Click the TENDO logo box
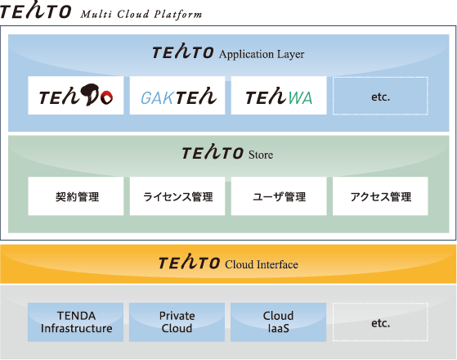point(76,96)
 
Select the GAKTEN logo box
point(177,96)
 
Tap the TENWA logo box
point(279,96)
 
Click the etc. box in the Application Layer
point(380,96)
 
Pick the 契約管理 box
point(76,196)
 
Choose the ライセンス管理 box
point(177,196)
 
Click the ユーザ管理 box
point(279,196)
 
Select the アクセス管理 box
point(380,196)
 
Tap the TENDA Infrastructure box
point(75,322)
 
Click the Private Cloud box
point(177,322)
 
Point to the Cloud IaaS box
point(278,322)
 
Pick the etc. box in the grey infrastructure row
point(380,322)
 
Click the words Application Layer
point(262,55)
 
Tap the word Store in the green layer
point(261,155)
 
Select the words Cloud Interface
point(262,264)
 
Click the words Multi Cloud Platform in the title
point(141,15)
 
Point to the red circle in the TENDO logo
point(106,97)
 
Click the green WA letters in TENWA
point(300,98)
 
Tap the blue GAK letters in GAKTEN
point(158,98)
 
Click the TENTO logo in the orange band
point(189,261)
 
